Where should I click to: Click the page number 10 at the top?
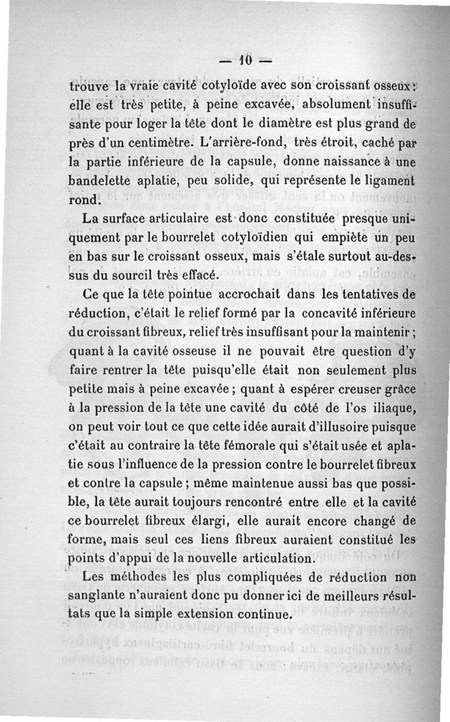[244, 60]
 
